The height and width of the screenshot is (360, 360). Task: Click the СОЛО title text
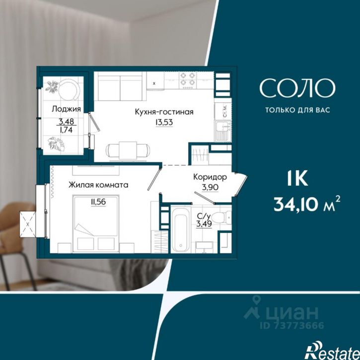pyautogui.click(x=297, y=88)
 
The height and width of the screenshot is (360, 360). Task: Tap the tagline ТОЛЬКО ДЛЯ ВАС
pyautogui.click(x=297, y=110)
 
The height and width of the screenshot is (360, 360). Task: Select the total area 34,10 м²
pyautogui.click(x=306, y=204)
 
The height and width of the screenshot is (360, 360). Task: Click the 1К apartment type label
pyautogui.click(x=297, y=179)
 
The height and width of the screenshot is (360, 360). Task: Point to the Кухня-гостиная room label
pyautogui.click(x=164, y=112)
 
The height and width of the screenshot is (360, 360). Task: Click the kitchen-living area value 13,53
pyautogui.click(x=164, y=122)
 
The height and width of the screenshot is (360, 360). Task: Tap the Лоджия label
pyautogui.click(x=66, y=109)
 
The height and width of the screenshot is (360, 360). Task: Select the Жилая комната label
pyautogui.click(x=98, y=185)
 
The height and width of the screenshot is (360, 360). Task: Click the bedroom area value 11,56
pyautogui.click(x=98, y=202)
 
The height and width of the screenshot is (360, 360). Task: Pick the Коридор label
pyautogui.click(x=210, y=177)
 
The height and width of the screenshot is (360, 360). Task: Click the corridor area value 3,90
pyautogui.click(x=210, y=187)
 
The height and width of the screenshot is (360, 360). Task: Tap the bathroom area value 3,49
pyautogui.click(x=204, y=223)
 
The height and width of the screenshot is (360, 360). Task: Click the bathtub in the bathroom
pyautogui.click(x=181, y=229)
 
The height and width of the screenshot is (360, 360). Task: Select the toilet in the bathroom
pyautogui.click(x=221, y=216)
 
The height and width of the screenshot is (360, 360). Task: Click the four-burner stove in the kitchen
pyautogui.click(x=188, y=80)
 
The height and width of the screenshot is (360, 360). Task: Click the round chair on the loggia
pyautogui.click(x=69, y=89)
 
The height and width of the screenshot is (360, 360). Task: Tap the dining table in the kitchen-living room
pyautogui.click(x=128, y=150)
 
